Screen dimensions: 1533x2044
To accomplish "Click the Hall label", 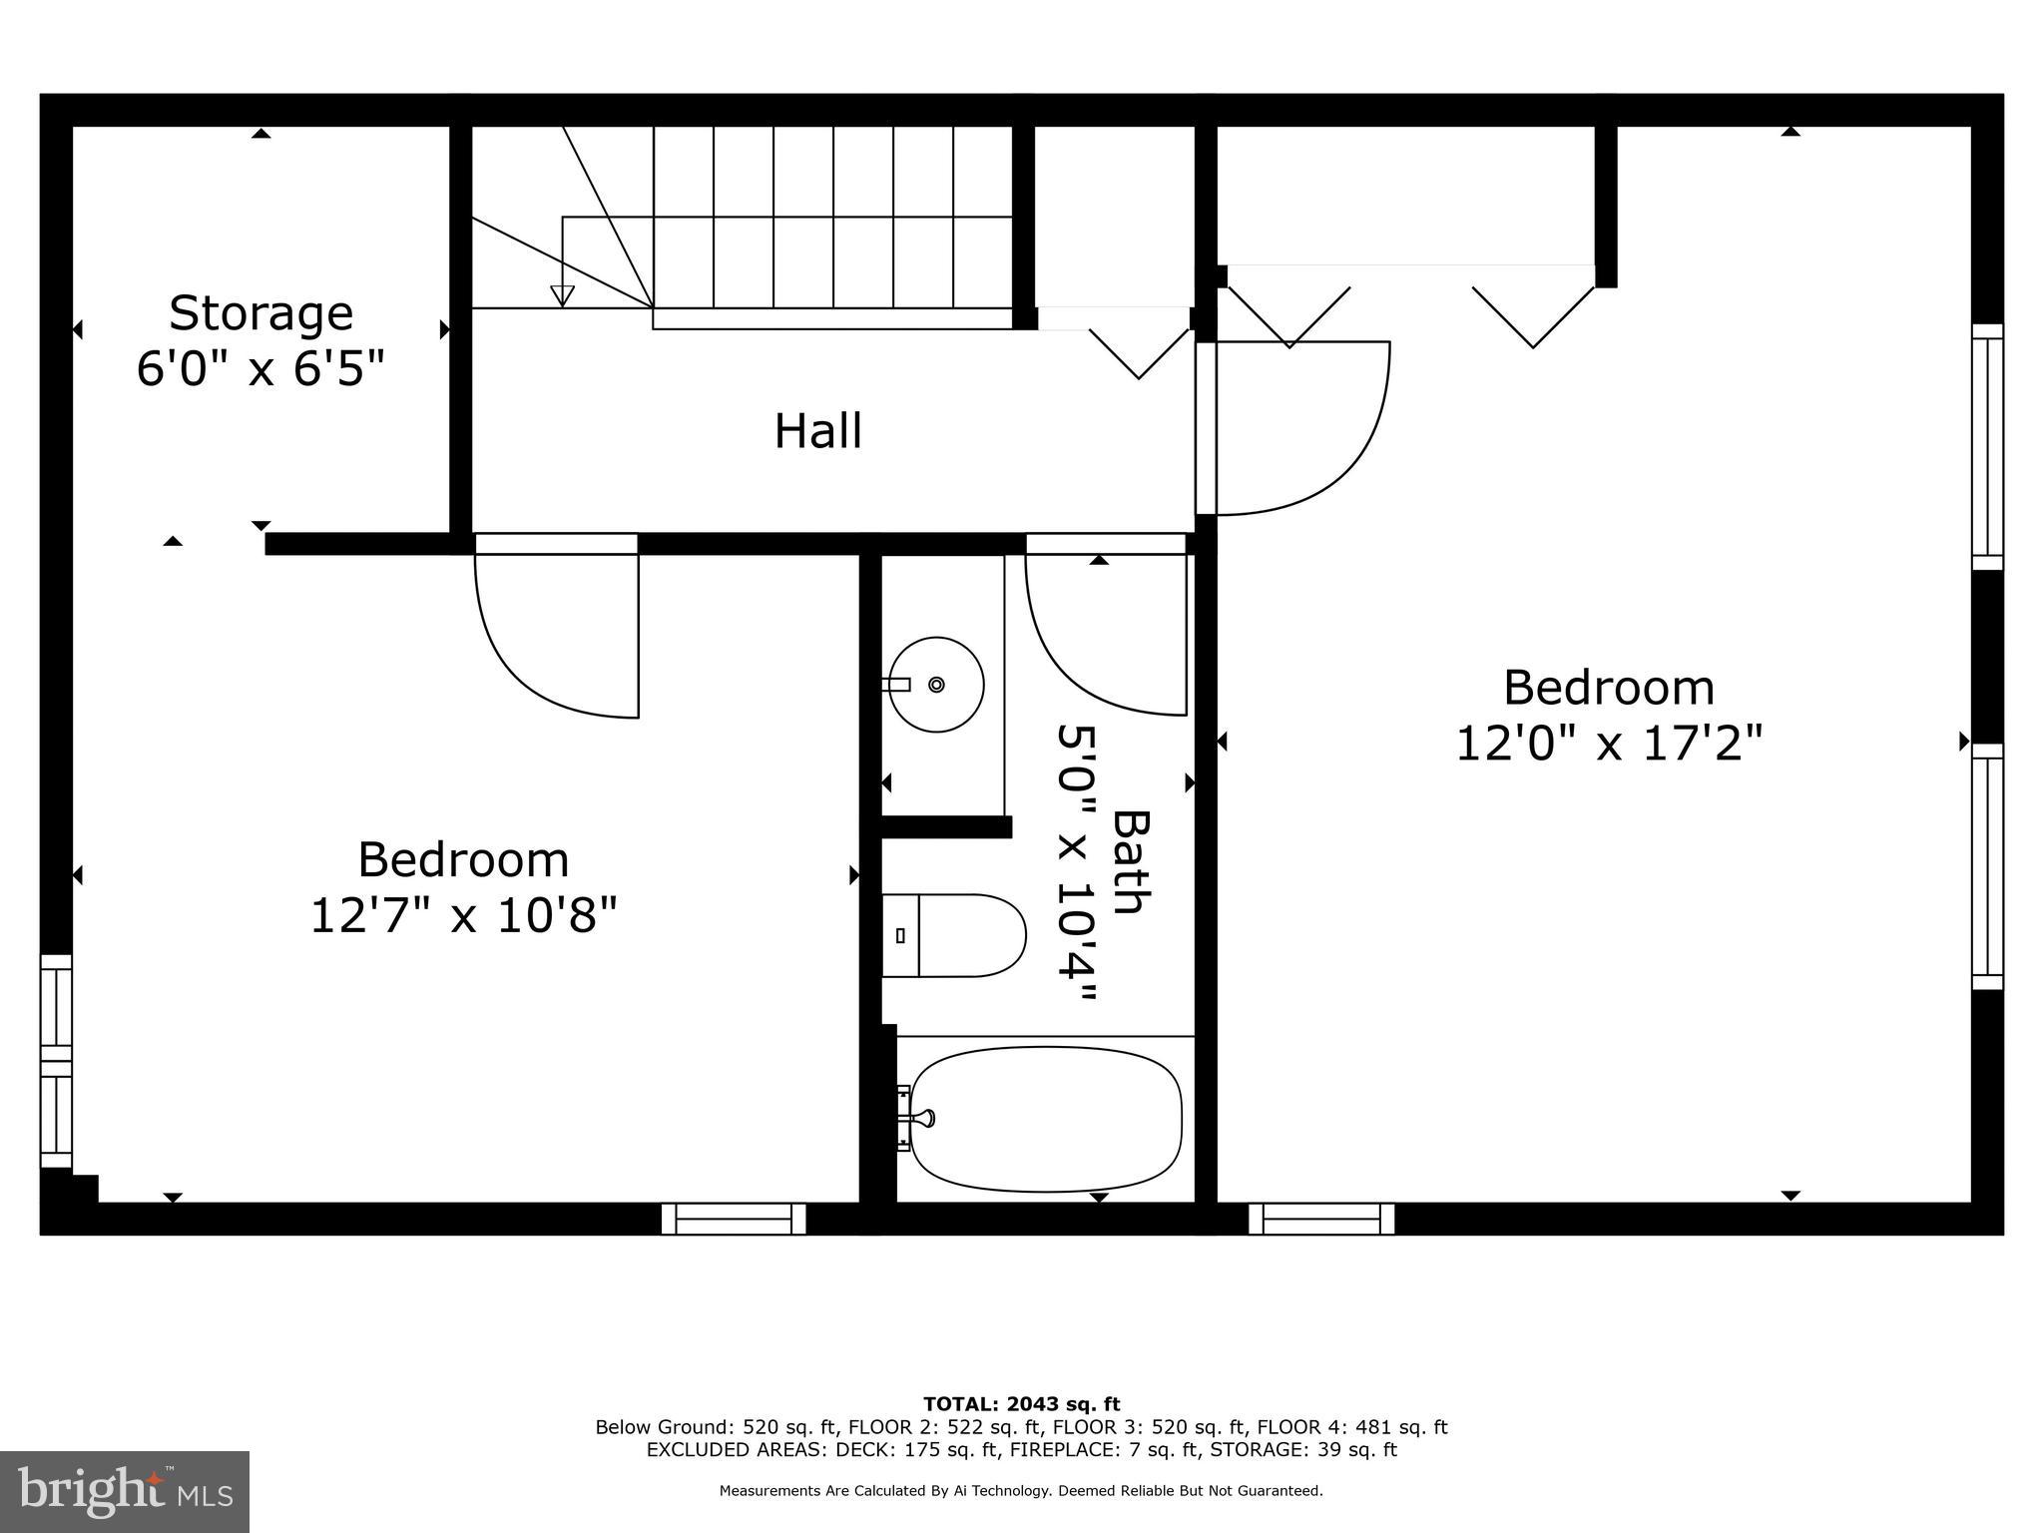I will [817, 432].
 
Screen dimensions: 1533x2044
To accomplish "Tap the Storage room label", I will [260, 313].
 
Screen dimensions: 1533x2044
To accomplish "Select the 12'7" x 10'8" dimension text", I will [463, 915].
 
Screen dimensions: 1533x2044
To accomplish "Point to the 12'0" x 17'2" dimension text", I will [1609, 744].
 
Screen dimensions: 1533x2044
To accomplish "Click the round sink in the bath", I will [936, 685].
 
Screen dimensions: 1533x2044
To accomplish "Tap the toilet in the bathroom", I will [954, 935].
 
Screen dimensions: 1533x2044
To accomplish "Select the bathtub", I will [1045, 1119].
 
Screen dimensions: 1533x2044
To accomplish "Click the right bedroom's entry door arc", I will [1327, 449].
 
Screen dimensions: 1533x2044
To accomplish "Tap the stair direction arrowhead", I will [563, 295].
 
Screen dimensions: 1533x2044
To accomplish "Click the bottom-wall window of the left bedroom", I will [734, 1219].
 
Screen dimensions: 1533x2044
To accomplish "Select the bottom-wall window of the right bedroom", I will [1321, 1219].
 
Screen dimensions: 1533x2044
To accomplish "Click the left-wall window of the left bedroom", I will [56, 1061].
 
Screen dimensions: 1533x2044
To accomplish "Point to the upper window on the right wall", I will [1987, 446].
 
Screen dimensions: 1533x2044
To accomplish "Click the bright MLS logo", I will [125, 1491].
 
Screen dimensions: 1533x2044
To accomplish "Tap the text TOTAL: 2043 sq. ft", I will [1021, 1404].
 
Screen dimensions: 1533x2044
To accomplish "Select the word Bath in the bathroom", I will [1132, 861].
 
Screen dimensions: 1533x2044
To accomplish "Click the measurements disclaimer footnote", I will [1021, 1491].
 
